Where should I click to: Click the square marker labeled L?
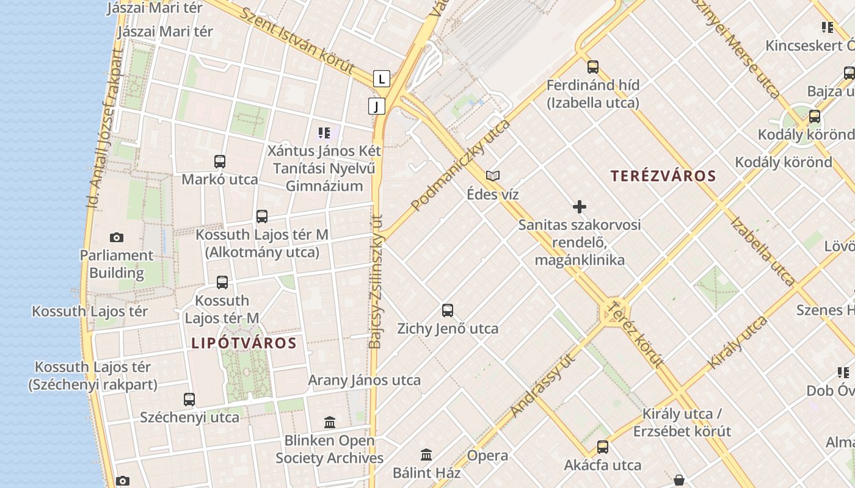point(382,79)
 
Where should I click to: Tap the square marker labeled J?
point(377,106)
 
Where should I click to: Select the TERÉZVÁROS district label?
point(663,176)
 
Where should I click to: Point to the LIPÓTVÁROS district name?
point(244,343)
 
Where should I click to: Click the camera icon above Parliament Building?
point(116,237)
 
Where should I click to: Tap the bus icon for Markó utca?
point(220,162)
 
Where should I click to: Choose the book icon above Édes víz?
point(493,176)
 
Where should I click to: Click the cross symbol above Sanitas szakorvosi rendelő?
point(580,207)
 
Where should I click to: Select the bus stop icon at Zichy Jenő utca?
point(448,310)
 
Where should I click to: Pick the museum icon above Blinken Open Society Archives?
point(330,422)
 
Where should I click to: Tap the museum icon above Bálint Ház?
point(426,454)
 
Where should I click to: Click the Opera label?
point(487,456)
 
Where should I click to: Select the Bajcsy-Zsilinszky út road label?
point(376,281)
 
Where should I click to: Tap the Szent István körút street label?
point(297,41)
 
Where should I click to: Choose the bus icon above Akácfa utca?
point(603,447)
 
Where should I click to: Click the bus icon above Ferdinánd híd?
point(592,67)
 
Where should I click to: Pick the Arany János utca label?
point(364,381)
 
